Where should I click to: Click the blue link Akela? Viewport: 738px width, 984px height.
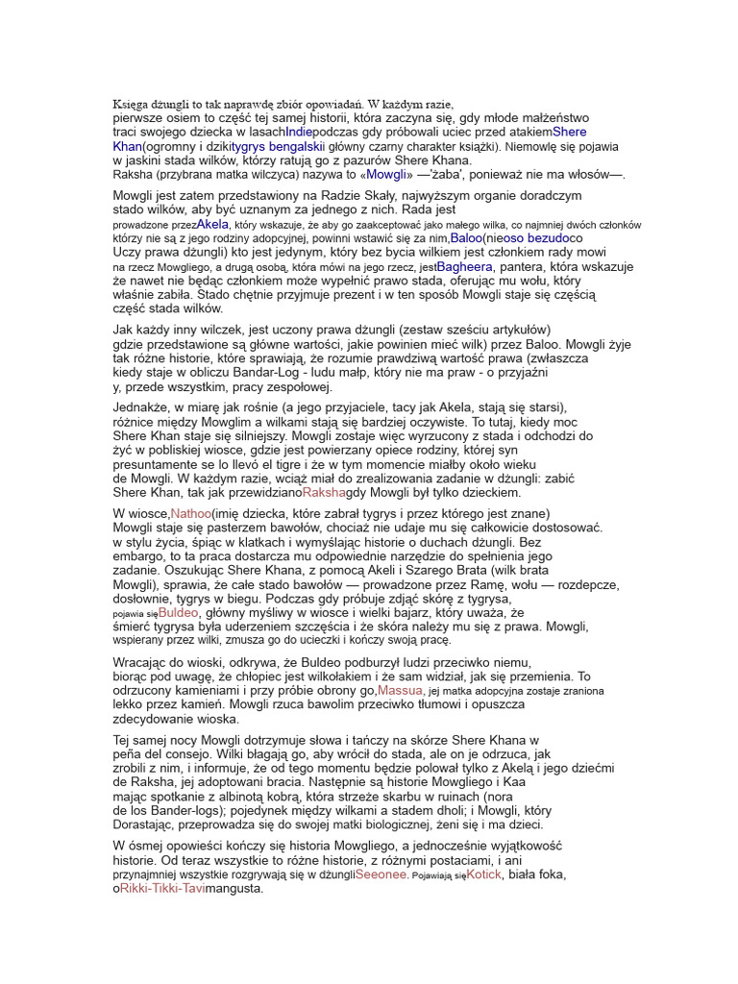(x=212, y=223)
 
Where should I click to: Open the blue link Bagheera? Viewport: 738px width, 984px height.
(x=465, y=266)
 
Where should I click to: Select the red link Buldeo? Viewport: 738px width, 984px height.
(x=179, y=611)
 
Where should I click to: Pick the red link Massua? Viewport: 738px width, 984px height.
(x=400, y=690)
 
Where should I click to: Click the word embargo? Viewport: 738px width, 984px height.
(x=140, y=556)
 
